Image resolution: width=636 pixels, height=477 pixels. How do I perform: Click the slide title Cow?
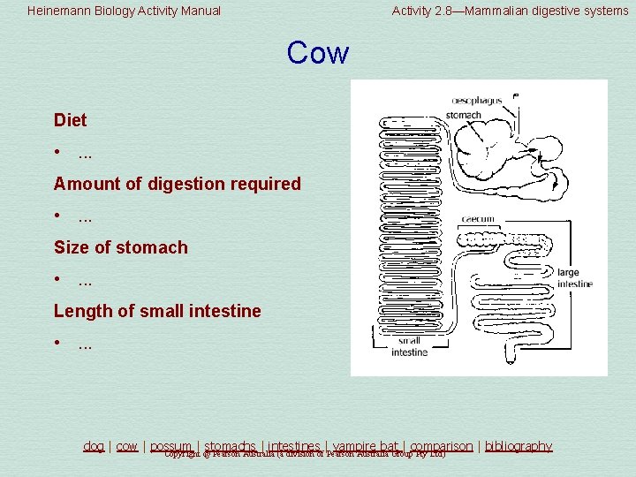317,54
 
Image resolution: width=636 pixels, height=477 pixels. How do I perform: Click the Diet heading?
71,120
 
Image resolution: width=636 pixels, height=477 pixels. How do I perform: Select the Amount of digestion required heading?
177,184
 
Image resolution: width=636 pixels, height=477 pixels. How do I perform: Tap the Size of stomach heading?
120,247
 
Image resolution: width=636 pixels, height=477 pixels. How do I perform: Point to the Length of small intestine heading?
157,311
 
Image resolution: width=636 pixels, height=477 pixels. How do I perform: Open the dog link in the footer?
94,446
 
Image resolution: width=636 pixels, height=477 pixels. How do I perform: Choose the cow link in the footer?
127,446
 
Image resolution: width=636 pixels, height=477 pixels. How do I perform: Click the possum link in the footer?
170,446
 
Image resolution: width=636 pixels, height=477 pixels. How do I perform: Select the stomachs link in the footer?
231,446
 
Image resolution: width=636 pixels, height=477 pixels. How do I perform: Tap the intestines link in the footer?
295,446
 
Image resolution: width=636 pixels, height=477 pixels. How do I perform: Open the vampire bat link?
365,446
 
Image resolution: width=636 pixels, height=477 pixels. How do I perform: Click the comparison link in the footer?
441,446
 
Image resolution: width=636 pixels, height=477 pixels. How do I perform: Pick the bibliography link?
519,446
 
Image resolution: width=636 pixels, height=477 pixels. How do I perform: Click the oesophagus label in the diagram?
476,101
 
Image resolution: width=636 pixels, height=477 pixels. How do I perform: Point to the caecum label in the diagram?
478,219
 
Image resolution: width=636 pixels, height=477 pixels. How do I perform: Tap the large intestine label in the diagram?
574,278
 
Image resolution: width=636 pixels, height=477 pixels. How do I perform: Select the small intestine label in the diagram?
409,346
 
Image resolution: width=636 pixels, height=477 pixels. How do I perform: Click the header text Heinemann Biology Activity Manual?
124,11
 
